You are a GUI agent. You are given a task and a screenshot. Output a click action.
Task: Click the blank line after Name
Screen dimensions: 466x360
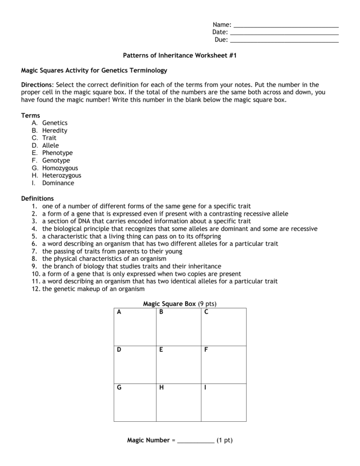286,25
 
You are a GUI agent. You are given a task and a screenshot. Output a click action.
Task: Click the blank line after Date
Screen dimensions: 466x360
284,33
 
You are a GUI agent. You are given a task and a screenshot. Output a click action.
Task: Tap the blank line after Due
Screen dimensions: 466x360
284,40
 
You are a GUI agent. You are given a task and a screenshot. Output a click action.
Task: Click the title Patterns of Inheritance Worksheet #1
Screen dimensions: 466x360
180,56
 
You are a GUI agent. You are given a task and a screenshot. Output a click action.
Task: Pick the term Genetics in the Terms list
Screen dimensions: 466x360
55,123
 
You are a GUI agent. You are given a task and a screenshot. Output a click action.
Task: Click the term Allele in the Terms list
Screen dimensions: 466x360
50,146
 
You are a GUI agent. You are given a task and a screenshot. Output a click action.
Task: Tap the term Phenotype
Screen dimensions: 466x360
57,153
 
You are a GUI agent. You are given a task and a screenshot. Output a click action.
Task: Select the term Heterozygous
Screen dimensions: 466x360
62,176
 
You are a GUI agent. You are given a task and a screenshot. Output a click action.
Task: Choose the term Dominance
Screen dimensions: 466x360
58,183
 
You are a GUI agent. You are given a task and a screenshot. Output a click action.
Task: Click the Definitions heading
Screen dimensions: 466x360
37,198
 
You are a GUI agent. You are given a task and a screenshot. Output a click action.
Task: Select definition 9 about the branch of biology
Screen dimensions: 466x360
131,266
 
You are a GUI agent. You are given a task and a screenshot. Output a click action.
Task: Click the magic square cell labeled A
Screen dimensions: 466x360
135,327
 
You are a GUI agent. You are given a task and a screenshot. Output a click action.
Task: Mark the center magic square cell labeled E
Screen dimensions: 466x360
178,365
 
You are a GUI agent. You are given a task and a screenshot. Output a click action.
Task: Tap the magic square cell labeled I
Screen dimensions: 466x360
223,403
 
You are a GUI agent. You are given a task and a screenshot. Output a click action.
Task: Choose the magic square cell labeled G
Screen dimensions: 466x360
135,403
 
